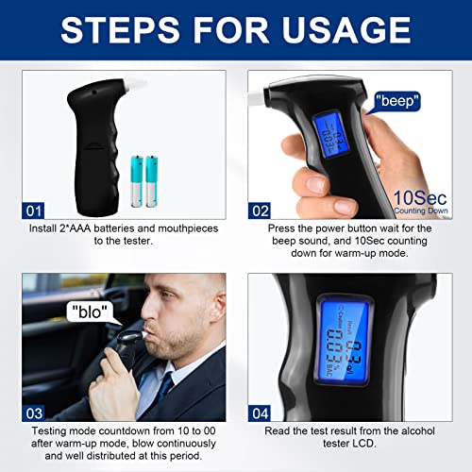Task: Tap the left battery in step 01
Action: (x=137, y=182)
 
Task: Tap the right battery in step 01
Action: (x=153, y=182)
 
